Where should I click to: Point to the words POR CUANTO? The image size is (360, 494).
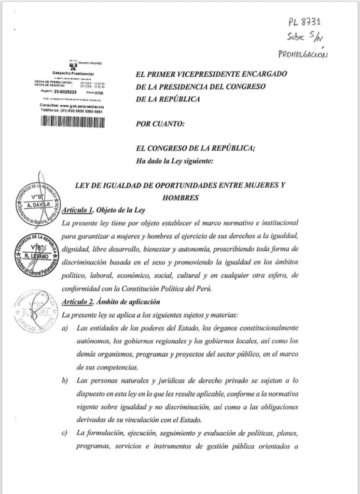click(x=161, y=123)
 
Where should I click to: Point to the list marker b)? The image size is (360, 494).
click(x=65, y=382)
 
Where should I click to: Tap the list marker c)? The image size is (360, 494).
click(x=65, y=433)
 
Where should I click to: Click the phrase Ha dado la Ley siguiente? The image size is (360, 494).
click(x=174, y=161)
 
